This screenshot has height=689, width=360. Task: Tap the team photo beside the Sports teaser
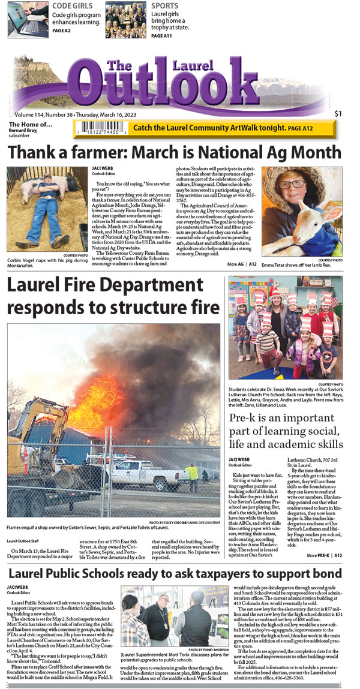[127, 19]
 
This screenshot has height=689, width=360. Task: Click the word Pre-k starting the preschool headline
[248, 420]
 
